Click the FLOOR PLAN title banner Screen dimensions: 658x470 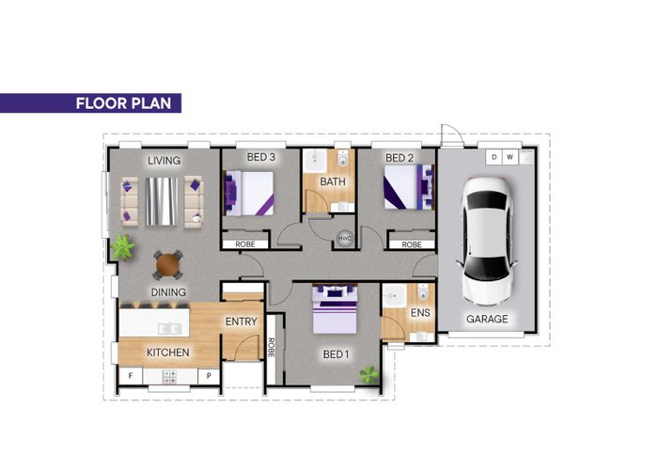(90, 103)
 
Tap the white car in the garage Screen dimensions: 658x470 (487, 241)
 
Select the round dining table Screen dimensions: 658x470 (168, 264)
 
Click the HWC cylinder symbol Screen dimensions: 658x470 (345, 239)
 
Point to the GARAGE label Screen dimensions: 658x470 (487, 319)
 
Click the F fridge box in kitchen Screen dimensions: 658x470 (130, 376)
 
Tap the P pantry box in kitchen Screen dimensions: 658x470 (209, 376)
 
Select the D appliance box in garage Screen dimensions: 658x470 (493, 157)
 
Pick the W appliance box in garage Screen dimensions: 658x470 (509, 157)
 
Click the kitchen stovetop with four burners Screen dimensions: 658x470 (169, 376)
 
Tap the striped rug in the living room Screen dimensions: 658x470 (162, 201)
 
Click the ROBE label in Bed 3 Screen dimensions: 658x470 (245, 244)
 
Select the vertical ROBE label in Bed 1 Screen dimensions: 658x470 (271, 348)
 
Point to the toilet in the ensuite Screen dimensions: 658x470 (423, 291)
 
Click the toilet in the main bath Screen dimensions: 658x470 (343, 158)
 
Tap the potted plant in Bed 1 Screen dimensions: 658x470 (369, 375)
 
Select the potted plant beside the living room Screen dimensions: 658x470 (123, 247)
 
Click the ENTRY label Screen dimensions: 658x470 (241, 321)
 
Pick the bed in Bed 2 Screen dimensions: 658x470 (409, 187)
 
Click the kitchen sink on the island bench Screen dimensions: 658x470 (170, 329)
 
